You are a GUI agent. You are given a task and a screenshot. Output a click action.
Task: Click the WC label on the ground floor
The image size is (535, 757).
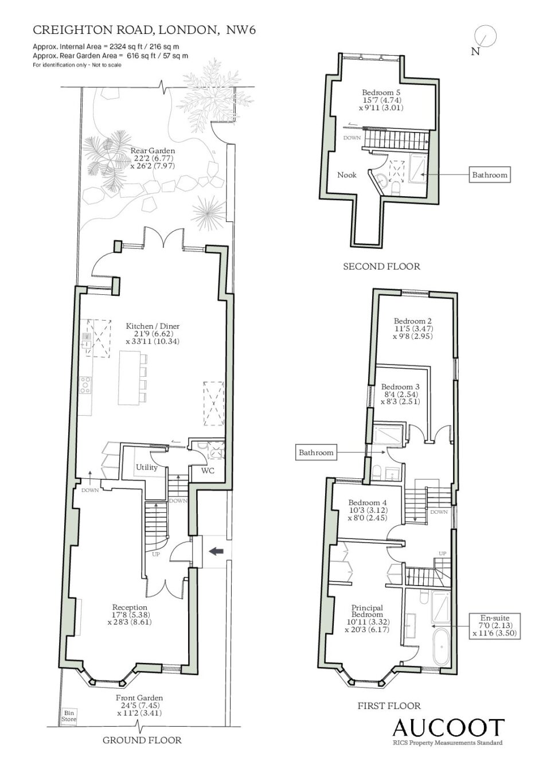[208, 470]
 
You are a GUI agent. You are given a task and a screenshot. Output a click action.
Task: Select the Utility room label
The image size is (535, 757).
[147, 467]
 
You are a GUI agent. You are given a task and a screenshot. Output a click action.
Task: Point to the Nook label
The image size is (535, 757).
[347, 175]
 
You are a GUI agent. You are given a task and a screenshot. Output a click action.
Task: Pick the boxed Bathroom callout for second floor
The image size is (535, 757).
[490, 175]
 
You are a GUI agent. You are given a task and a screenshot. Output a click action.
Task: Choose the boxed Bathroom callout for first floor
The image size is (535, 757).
[315, 452]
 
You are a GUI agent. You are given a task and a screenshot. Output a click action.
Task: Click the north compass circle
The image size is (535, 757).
[485, 36]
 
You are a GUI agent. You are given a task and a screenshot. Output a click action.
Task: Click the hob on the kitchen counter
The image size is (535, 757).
[85, 385]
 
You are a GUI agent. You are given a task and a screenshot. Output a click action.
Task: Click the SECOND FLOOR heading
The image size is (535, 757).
[381, 266]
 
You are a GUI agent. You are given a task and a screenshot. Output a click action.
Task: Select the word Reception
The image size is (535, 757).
[130, 607]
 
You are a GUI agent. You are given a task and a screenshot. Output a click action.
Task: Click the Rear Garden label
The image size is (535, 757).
[153, 151]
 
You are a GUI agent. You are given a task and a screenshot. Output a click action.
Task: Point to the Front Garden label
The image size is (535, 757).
[139, 697]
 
